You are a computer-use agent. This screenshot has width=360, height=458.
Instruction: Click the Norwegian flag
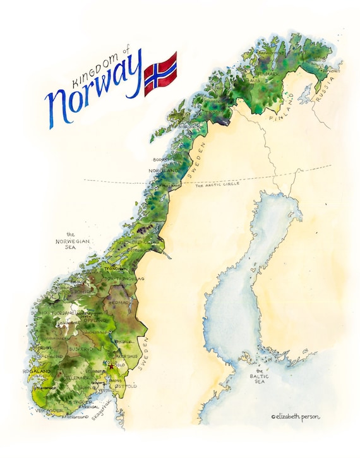pos(160,73)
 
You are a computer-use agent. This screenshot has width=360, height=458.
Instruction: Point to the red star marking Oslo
pos(111,366)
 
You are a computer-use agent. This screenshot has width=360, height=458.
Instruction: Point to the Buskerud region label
pos(80,348)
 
